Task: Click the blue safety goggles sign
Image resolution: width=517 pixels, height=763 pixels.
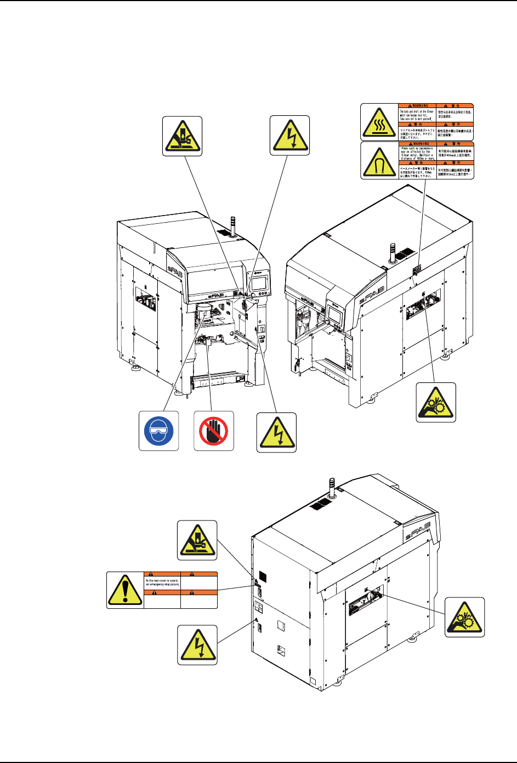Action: click(158, 431)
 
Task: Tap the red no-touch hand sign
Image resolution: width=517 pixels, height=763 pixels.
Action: click(214, 431)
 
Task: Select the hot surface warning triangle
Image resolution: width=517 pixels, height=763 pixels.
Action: click(379, 122)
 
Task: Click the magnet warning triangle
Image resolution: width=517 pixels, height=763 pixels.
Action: click(379, 161)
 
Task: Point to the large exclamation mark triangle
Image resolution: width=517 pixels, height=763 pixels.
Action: click(125, 590)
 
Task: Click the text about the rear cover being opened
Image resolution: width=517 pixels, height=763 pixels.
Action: click(162, 582)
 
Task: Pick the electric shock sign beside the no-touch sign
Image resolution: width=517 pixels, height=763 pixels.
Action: click(276, 432)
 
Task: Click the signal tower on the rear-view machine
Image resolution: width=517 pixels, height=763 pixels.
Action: click(331, 487)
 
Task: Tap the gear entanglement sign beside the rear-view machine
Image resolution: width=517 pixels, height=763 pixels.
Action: click(464, 617)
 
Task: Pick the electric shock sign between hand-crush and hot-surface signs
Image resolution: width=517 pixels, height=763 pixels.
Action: click(291, 135)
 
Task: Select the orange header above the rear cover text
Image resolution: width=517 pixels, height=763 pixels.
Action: click(162, 574)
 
